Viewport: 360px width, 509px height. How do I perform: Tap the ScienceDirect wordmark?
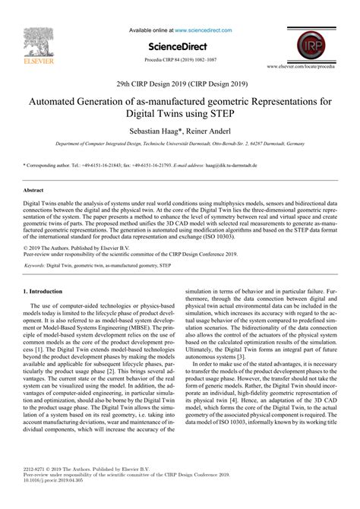180,45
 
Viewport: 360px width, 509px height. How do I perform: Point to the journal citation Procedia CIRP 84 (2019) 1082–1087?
179,58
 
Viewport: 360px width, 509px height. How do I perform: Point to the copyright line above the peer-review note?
66,227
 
